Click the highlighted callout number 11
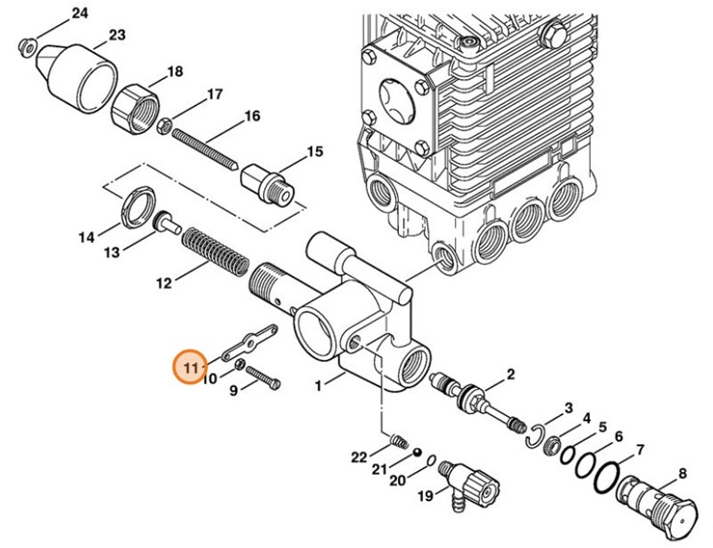(190, 367)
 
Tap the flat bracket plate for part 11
(248, 341)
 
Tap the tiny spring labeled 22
(394, 441)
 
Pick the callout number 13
(112, 252)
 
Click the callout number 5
(601, 427)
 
